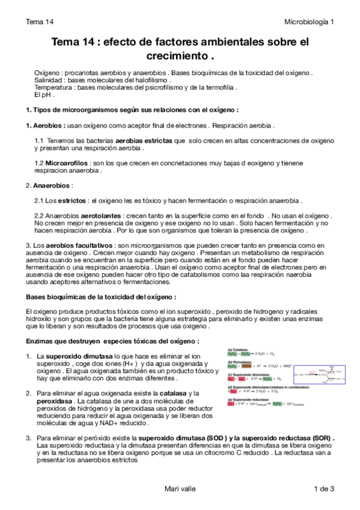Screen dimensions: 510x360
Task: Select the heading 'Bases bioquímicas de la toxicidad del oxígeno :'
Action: click(x=101, y=297)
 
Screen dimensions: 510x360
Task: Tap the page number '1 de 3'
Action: click(x=324, y=490)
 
